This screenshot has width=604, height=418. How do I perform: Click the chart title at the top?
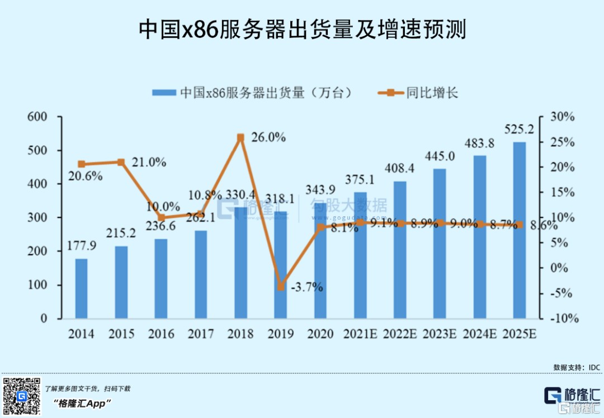(302, 30)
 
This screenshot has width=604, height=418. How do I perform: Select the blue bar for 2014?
(82, 288)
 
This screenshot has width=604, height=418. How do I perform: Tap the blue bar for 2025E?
(520, 230)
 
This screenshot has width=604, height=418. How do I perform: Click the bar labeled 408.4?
(400, 250)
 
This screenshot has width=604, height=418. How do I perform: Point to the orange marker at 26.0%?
(240, 137)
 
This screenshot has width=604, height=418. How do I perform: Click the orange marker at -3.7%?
(281, 287)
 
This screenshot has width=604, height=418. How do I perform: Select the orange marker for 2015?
(121, 162)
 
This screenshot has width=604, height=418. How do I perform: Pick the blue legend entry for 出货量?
(252, 92)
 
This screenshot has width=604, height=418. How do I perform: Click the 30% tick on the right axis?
(562, 117)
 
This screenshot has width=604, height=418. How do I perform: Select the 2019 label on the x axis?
(281, 334)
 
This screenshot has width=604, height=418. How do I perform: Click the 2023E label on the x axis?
(440, 334)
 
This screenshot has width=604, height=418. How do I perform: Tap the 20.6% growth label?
(86, 176)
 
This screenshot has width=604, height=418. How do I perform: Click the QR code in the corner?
(21, 396)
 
